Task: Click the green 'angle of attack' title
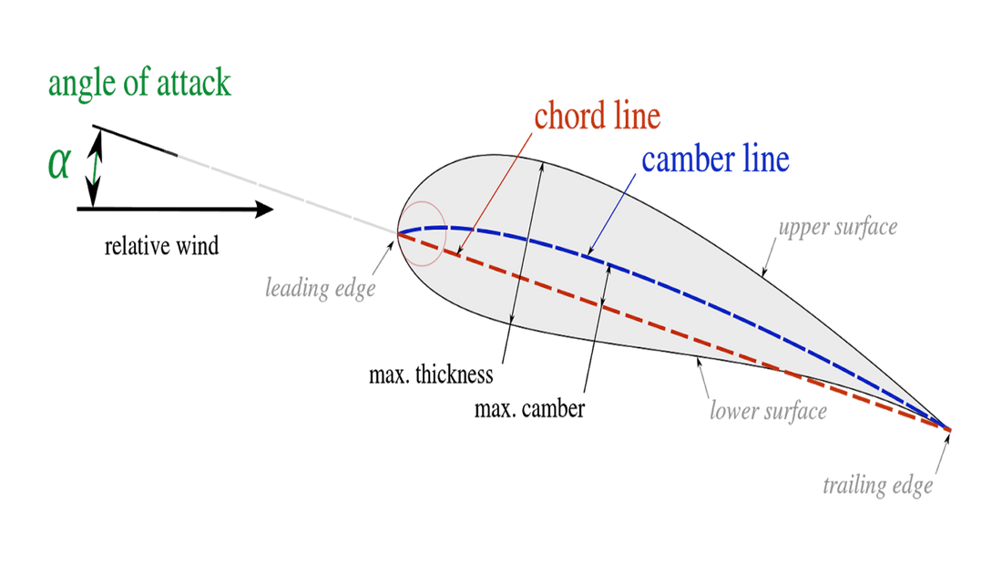[139, 83]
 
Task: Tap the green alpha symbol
[59, 164]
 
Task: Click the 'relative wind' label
[161, 245]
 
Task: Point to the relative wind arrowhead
[264, 209]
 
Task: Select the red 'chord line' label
[598, 116]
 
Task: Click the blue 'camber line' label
[716, 159]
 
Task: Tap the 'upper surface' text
[838, 227]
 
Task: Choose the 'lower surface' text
[768, 411]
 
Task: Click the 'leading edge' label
[320, 289]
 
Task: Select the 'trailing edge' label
[877, 486]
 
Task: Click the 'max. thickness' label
[431, 374]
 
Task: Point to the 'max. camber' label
[529, 408]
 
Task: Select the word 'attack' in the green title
[194, 83]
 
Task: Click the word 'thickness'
[455, 374]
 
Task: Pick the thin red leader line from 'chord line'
[495, 196]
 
